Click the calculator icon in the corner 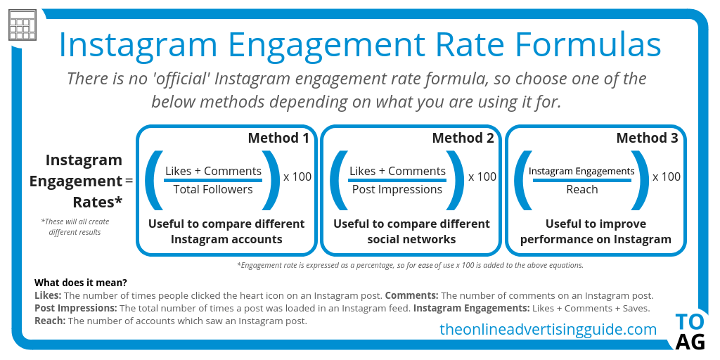[22, 26]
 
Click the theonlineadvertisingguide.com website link [548, 329]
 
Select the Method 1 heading [278, 138]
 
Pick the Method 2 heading [463, 138]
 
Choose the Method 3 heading [647, 138]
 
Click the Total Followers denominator [213, 189]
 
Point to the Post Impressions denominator [397, 189]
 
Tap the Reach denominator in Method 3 [581, 189]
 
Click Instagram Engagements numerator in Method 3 [581, 171]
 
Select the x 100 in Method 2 [482, 176]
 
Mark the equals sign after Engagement [129, 181]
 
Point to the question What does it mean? [81, 283]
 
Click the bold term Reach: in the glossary [50, 321]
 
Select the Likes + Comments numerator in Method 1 [213, 171]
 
